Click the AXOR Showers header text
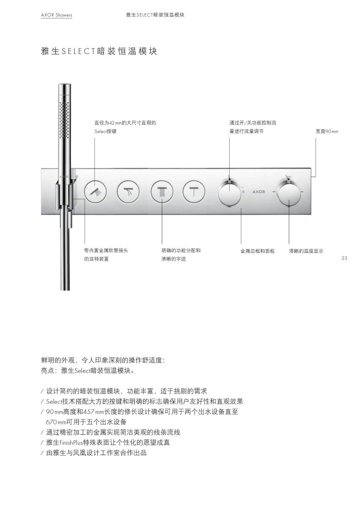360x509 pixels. pos(57,15)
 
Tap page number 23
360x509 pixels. pos(344,258)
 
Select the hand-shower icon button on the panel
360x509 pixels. pos(95,191)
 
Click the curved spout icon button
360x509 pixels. pos(128,191)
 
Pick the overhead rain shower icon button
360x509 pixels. pos(162,191)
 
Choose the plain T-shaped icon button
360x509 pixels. pos(194,191)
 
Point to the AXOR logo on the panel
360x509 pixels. pos(259,192)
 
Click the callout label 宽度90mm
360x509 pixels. pos(327,131)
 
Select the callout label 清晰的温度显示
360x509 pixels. pos(306,251)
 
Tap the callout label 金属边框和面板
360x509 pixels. pos(258,251)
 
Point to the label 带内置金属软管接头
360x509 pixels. pos(106,250)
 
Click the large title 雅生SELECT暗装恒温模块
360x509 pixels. pos(99,51)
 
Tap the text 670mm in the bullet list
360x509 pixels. pos(56,422)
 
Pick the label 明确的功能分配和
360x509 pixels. pos(181,250)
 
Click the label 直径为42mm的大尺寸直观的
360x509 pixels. pos(125,123)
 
